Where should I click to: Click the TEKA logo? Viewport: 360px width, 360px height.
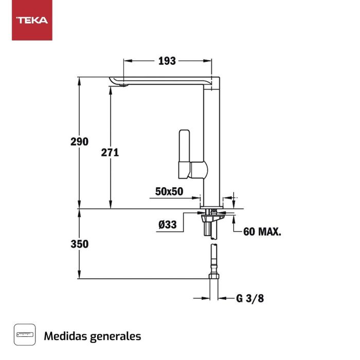point(32,21)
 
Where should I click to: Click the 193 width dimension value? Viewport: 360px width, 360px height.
point(167,61)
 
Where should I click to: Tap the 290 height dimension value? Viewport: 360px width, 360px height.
point(80,141)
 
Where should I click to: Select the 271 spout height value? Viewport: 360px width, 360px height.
point(110,152)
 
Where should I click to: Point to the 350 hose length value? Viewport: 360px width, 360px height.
point(80,244)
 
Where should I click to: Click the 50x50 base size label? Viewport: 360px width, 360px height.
point(169,191)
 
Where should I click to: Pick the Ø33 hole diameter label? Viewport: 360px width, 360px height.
point(168,224)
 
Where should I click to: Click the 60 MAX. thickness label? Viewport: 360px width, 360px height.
point(262,231)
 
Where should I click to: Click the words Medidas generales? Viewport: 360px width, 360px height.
point(93,336)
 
